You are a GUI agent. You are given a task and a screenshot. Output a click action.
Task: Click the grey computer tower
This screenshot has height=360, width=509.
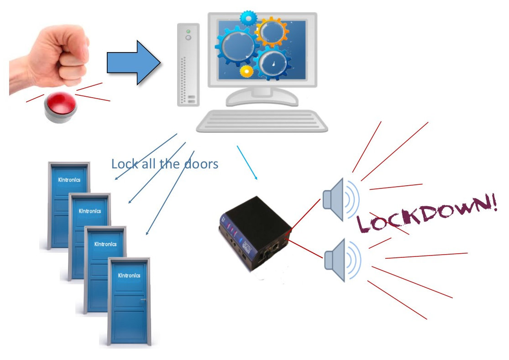coord(188,64)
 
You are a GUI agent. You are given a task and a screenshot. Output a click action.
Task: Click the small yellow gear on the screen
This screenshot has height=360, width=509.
coord(247,71)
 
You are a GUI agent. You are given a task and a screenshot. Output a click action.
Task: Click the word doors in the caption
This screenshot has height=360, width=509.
coord(201,163)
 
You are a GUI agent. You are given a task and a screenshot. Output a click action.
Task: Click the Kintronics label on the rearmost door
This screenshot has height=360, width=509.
coord(69,180)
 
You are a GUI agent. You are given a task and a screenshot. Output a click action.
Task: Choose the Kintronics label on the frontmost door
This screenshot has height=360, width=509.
coord(129,276)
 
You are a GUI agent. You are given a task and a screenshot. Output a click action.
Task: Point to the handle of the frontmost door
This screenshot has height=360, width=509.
coord(143,300)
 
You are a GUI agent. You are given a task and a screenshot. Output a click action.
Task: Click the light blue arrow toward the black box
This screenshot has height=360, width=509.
coord(247,162)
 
